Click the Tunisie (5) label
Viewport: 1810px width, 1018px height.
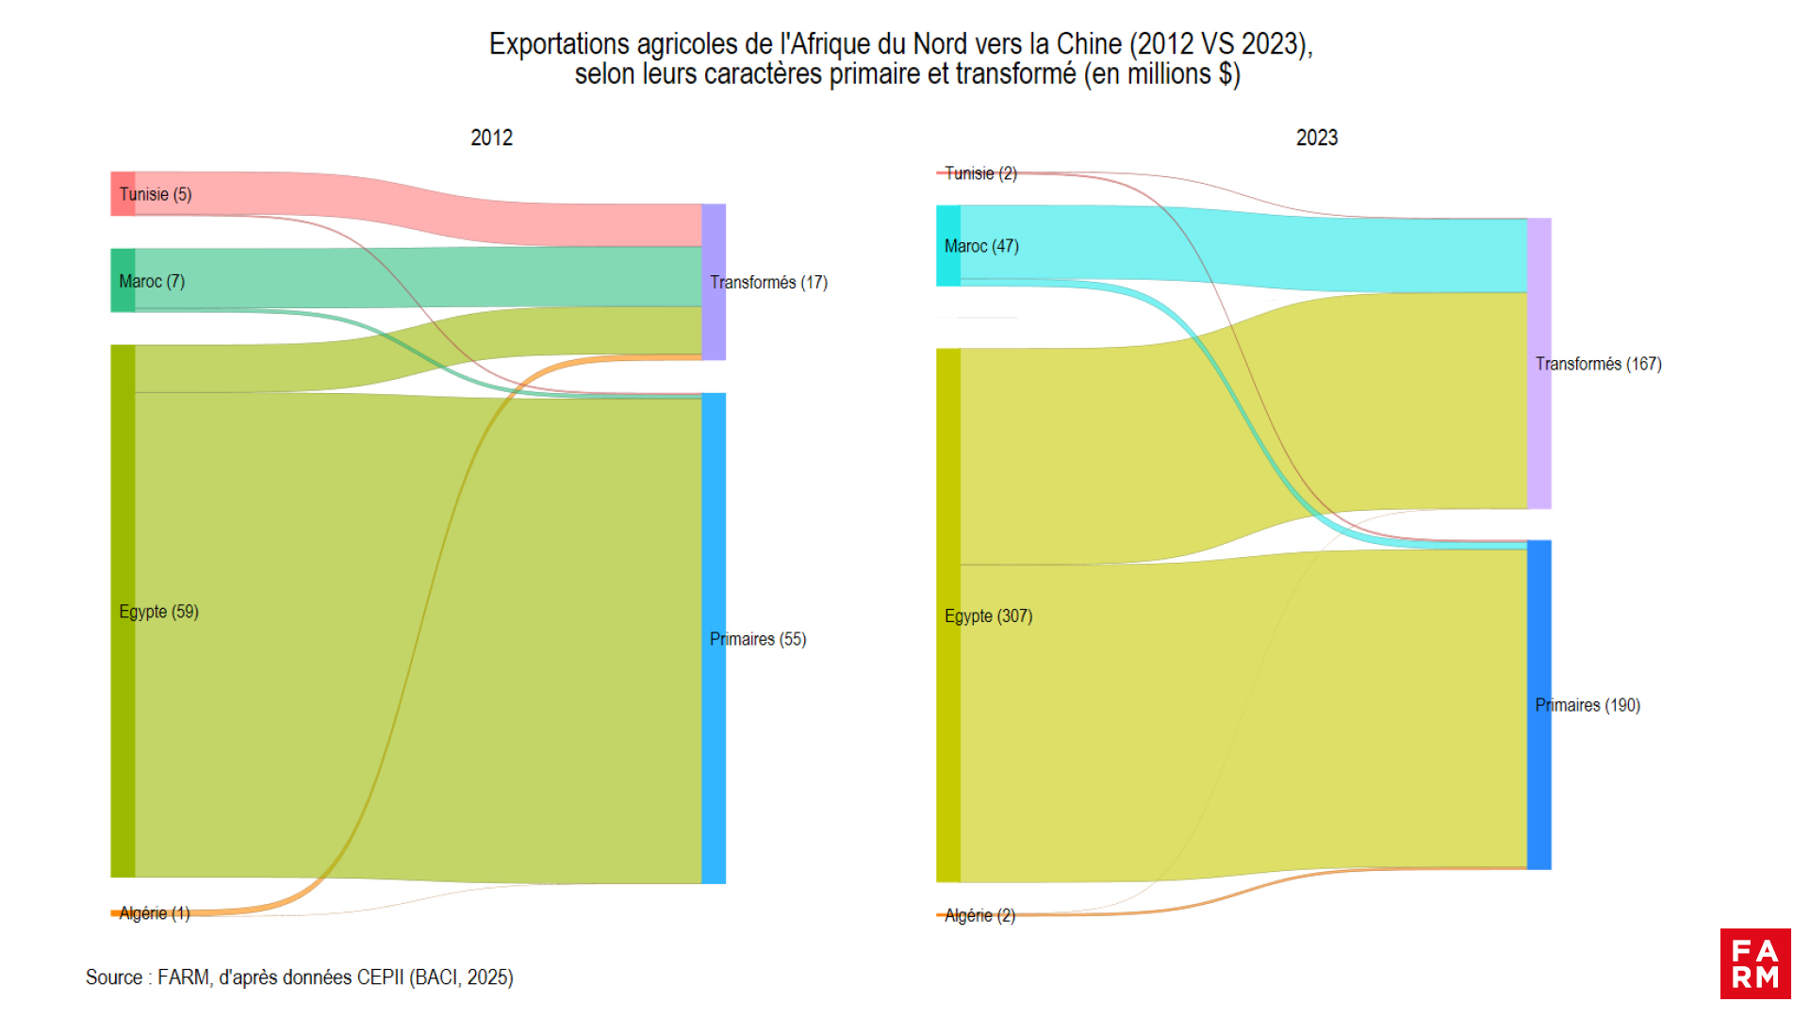[x=156, y=194]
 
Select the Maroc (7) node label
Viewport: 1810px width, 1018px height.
[x=152, y=281]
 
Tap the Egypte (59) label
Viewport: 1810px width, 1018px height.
[x=158, y=612]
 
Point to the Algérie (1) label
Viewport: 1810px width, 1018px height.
[x=155, y=912]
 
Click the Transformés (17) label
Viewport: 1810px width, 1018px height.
[x=768, y=282]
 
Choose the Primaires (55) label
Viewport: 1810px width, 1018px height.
[x=758, y=639]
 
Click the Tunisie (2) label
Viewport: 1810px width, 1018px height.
[x=980, y=173]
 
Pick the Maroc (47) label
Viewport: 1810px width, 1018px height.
[x=981, y=246]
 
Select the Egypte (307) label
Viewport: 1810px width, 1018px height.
[x=988, y=616]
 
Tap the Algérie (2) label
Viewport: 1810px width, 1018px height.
[x=979, y=915]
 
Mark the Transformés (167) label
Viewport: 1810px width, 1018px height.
[x=1598, y=364]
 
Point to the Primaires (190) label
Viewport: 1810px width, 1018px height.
[x=1588, y=705]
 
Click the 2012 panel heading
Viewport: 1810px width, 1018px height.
[x=491, y=138]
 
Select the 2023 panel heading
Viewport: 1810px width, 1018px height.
[x=1316, y=138]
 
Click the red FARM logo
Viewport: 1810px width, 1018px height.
[x=1754, y=963]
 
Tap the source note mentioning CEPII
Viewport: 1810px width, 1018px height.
[x=300, y=977]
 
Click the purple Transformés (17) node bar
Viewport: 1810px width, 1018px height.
[x=714, y=282]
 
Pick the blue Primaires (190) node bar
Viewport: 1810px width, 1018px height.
[x=1538, y=705]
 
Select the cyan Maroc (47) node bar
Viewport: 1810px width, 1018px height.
[x=947, y=246]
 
